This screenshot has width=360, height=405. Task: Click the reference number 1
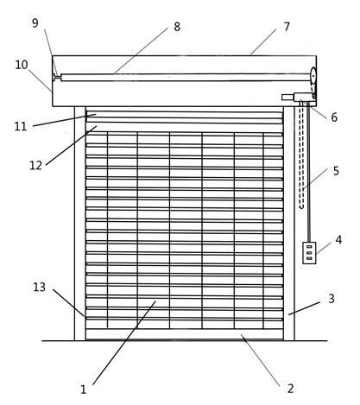point(84,389)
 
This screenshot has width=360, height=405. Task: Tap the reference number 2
point(291,389)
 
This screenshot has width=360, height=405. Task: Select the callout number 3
point(332,299)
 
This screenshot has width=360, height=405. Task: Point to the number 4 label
point(338,240)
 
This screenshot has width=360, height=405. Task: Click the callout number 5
point(336,171)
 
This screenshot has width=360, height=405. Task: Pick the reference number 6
point(334,117)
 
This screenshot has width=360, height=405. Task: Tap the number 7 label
point(287,27)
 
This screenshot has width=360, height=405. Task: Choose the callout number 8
point(177,27)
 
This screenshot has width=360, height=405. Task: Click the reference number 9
point(35,23)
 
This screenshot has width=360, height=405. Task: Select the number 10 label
point(22,65)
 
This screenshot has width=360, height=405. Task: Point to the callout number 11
point(21,127)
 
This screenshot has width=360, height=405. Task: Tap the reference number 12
point(36,166)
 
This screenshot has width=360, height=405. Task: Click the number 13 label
point(40,287)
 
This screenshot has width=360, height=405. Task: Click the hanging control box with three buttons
point(309,253)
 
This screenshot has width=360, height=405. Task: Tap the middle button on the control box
point(309,253)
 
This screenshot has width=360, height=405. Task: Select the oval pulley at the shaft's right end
point(313,75)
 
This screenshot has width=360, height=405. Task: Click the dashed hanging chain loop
point(301,155)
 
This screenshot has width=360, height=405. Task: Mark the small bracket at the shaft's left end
point(57,77)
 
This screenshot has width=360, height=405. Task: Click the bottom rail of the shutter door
point(185,334)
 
